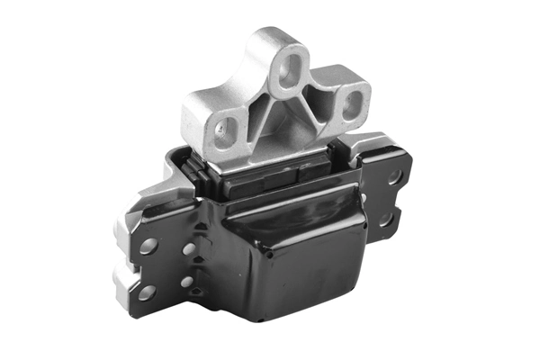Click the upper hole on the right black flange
click(394, 177)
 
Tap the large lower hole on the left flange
click(146, 292)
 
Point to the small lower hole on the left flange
click(187, 282)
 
